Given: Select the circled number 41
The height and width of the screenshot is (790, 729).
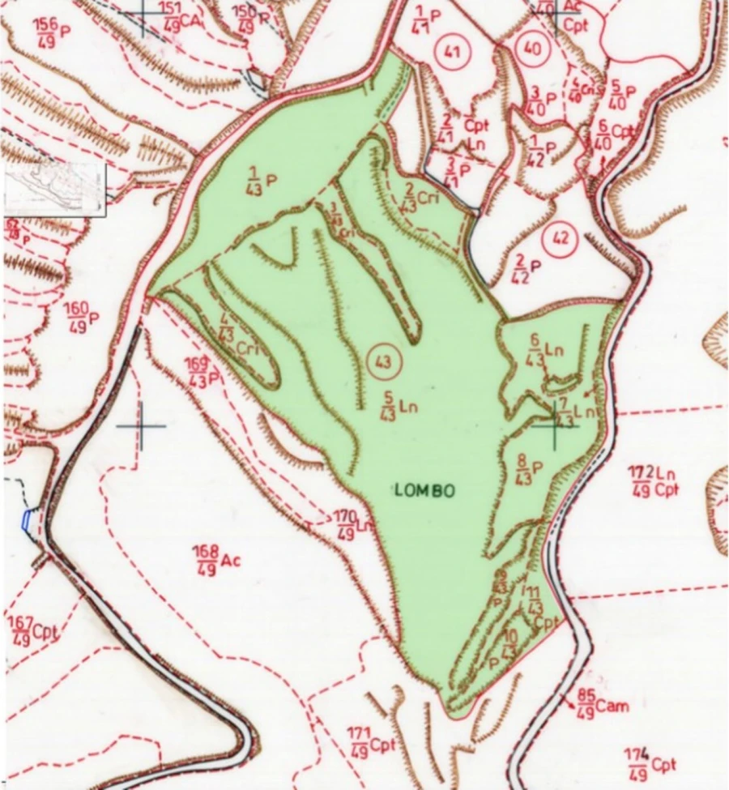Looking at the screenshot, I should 452,53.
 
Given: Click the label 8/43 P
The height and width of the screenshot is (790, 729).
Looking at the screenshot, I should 532,469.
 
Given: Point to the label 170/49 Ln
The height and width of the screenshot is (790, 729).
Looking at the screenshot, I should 354,524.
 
